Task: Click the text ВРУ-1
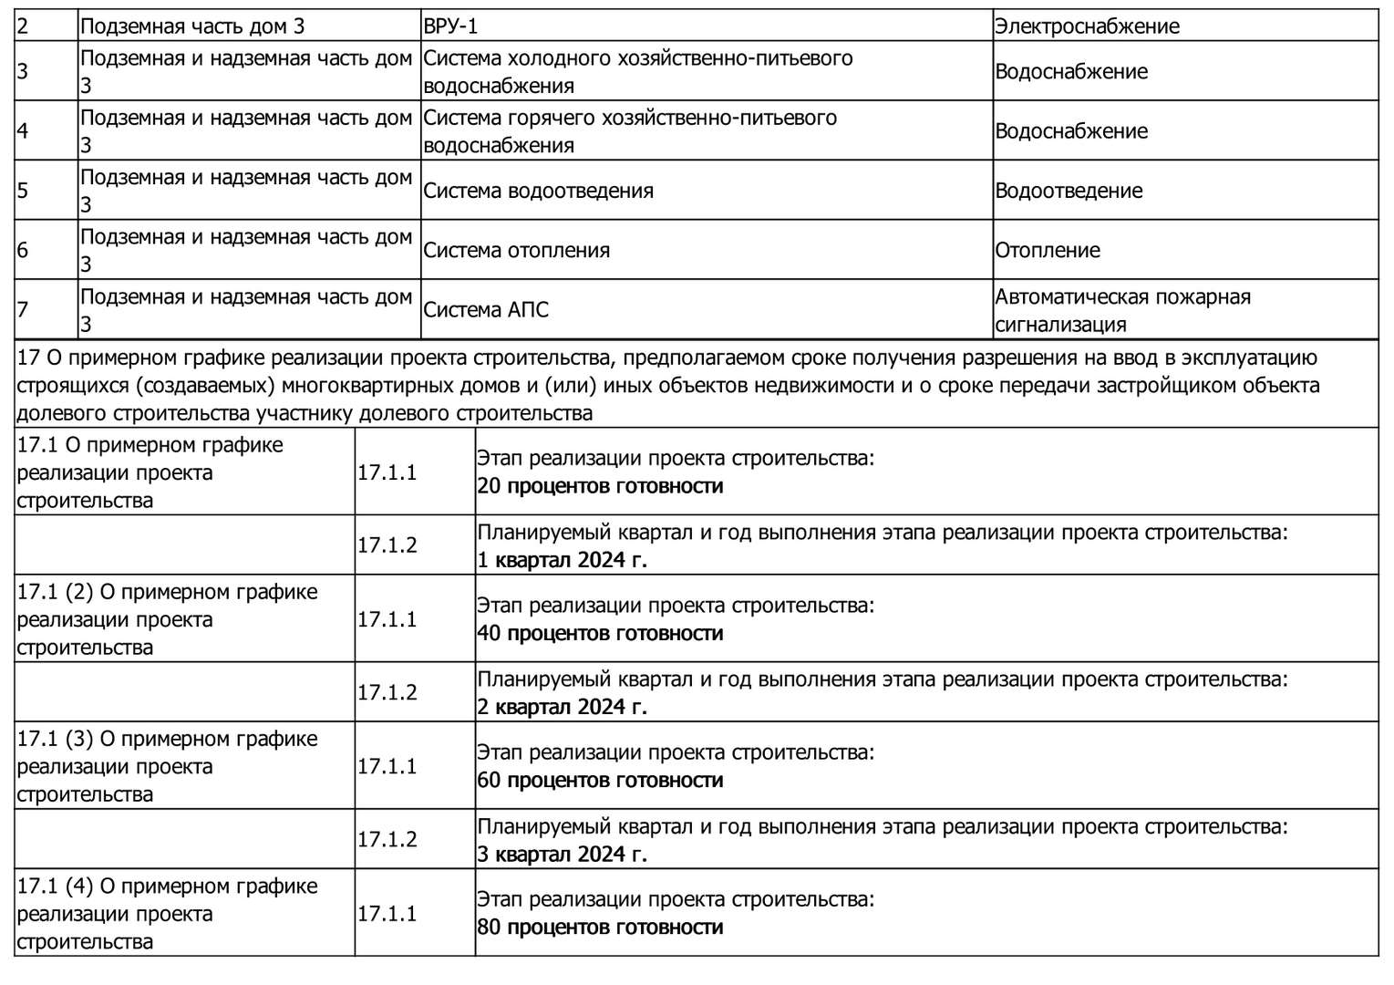coord(450,26)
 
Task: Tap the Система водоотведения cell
coord(538,192)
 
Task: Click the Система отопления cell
coord(516,251)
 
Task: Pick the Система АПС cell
coord(486,310)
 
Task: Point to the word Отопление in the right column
coord(1048,251)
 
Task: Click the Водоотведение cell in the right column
coord(1069,192)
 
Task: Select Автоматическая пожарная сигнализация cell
coord(1122,310)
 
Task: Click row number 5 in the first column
coord(23,192)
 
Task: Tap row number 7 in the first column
coord(23,310)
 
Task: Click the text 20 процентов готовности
coord(600,486)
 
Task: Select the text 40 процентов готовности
coord(600,634)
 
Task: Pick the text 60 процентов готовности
coord(600,781)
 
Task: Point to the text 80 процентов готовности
coord(600,928)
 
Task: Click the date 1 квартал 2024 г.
coord(562,560)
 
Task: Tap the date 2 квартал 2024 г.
coord(562,707)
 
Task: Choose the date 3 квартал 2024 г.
coord(562,855)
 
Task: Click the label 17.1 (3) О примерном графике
coord(168,739)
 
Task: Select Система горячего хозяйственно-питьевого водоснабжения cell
coord(629,131)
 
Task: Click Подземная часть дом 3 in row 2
coord(192,26)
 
